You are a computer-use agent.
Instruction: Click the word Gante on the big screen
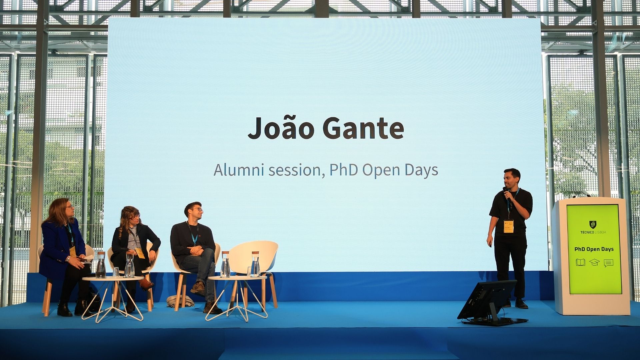point(363,128)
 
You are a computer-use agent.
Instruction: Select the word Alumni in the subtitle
point(239,170)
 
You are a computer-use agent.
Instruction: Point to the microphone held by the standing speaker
point(506,193)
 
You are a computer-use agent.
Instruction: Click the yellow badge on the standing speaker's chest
point(509,227)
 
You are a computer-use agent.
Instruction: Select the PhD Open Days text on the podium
point(594,249)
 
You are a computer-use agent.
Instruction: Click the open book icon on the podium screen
point(580,263)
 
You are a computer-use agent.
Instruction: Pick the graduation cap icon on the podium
point(594,263)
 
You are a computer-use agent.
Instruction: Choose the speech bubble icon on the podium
point(608,263)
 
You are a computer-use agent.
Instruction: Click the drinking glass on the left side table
point(116,272)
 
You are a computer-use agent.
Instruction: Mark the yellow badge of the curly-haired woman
point(139,253)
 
